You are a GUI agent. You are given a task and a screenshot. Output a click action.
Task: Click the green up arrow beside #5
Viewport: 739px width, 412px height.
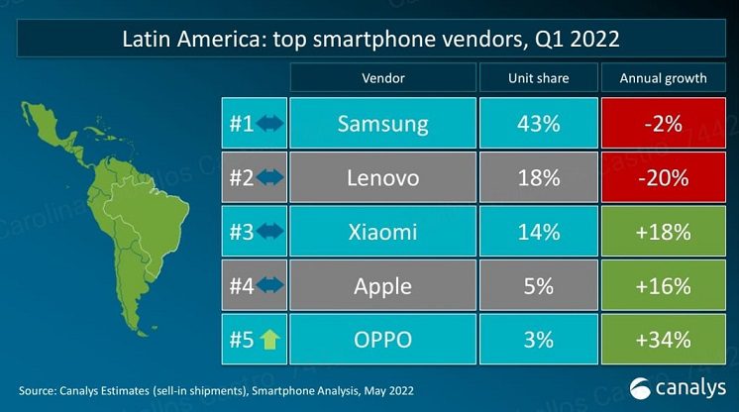pyautogui.click(x=269, y=340)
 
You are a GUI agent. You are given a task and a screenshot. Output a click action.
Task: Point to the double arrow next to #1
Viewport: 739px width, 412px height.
pyautogui.click(x=269, y=125)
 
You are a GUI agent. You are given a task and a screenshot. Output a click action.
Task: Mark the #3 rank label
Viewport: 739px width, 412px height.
pyautogui.click(x=240, y=232)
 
